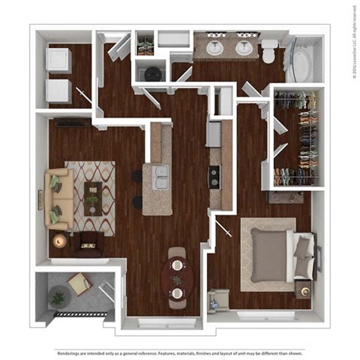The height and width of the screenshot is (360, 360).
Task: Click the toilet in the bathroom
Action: pos(268,52)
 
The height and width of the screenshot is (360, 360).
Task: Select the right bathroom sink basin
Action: pos(244,48)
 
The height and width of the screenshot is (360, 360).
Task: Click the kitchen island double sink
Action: pos(160,177)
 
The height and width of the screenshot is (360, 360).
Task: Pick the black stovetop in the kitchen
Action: pos(214,176)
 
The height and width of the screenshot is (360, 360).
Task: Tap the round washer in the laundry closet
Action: pos(153,73)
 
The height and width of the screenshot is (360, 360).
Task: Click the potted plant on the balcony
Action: pos(57,298)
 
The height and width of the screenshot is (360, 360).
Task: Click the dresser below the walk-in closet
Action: pos(286,196)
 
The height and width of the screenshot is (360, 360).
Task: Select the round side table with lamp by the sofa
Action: pos(58,241)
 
